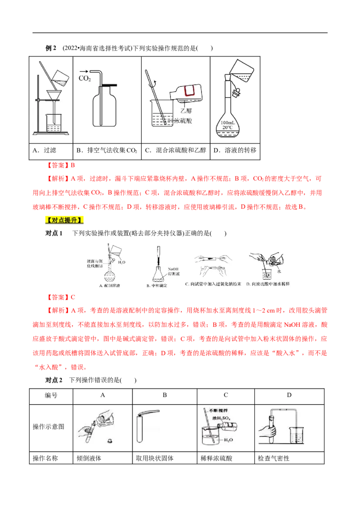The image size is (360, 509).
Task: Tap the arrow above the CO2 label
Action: pyautogui.click(x=84, y=71)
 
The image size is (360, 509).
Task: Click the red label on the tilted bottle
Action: pyautogui.click(x=188, y=91)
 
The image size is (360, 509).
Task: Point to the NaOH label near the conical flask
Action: pyautogui.click(x=173, y=268)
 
